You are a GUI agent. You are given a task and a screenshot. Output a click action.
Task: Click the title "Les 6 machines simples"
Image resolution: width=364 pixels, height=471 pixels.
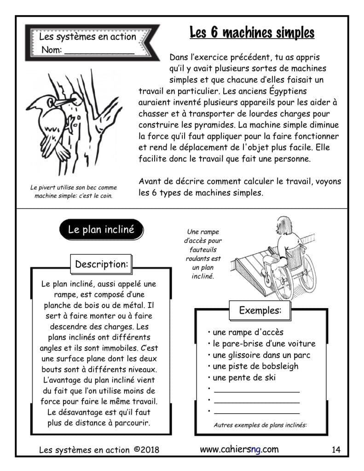[252, 33]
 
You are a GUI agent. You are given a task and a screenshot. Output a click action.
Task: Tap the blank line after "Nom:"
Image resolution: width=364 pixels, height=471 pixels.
[99, 52]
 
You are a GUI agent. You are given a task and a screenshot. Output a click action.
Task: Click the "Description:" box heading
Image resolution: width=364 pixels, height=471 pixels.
[101, 264]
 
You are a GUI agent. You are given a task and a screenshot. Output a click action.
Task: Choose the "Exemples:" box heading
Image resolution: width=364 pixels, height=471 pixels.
[260, 310]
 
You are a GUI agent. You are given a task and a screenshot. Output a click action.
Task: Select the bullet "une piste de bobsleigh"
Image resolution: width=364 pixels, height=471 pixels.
[255, 366]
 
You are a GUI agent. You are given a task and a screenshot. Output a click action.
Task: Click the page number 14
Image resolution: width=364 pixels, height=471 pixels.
[335, 450]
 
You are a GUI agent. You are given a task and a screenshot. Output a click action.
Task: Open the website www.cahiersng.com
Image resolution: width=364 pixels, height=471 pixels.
[239, 449]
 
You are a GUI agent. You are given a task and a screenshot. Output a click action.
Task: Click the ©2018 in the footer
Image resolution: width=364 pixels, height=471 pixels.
[146, 450]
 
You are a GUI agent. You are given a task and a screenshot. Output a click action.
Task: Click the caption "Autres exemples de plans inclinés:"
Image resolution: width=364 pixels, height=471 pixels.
[260, 425]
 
